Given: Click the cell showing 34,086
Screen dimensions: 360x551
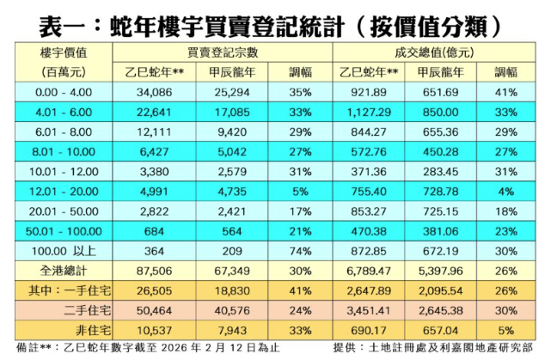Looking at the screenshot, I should pyautogui.click(x=167, y=92).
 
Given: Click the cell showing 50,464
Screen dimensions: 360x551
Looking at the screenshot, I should pyautogui.click(x=167, y=308).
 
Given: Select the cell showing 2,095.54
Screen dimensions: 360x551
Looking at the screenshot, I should pyautogui.click(x=441, y=290).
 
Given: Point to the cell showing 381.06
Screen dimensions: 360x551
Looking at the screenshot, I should pyautogui.click(x=441, y=231).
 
